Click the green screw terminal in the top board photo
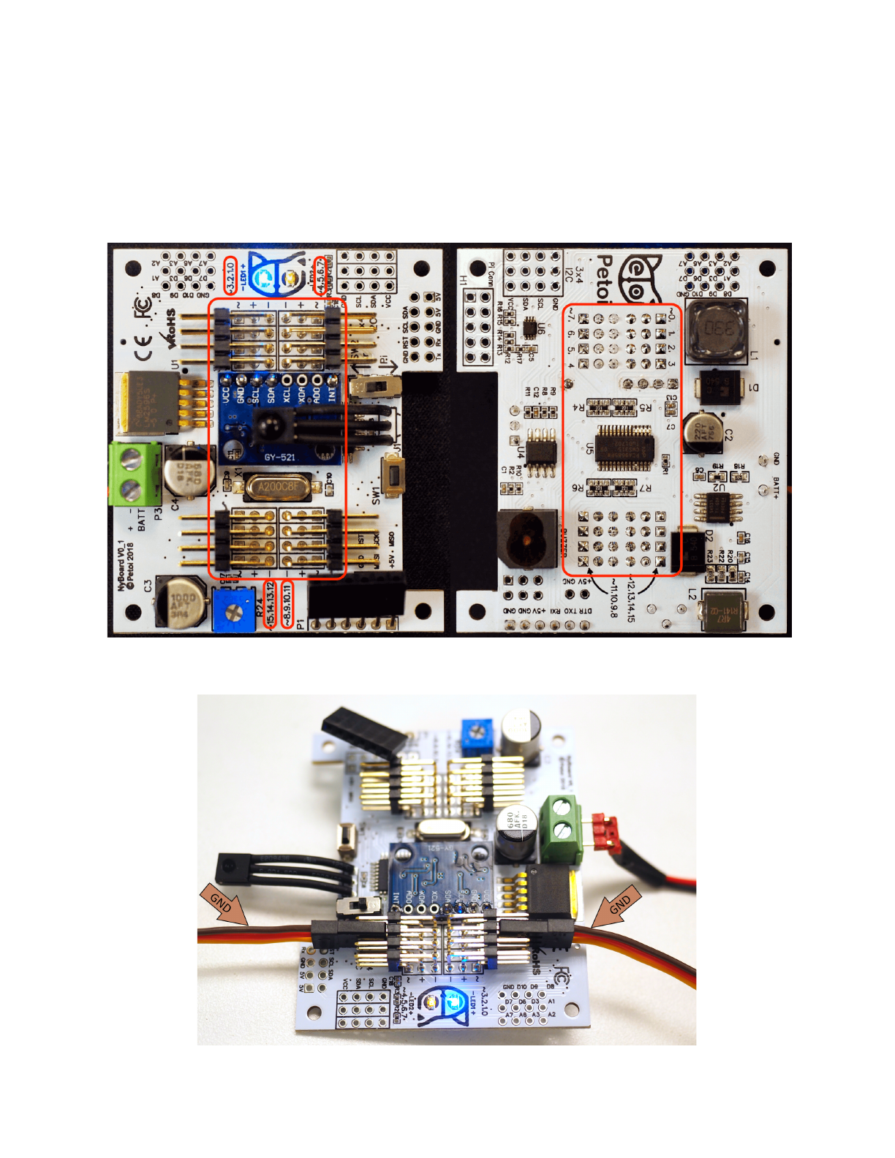click(135, 473)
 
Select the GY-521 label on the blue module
click(280, 458)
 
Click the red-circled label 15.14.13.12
click(271, 604)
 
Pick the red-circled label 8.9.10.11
click(287, 604)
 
